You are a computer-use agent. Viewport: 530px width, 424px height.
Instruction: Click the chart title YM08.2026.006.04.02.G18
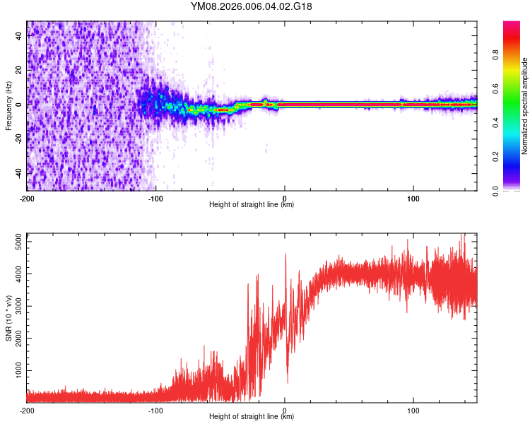click(252, 6)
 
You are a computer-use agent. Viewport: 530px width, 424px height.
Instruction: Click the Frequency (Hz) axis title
click(8, 105)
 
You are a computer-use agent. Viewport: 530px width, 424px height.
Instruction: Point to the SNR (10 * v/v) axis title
click(8, 318)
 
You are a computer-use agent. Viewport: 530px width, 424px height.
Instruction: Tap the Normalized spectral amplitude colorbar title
click(524, 105)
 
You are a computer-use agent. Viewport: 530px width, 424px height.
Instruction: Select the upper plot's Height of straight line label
click(252, 204)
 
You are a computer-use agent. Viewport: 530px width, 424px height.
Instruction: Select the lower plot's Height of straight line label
click(252, 416)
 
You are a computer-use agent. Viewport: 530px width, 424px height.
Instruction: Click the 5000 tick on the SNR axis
click(16, 242)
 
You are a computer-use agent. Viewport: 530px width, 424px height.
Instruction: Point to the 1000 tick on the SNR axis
click(16, 370)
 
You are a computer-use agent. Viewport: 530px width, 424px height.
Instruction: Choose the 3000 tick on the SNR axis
click(16, 306)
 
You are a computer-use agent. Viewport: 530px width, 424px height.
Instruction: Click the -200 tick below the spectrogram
click(27, 198)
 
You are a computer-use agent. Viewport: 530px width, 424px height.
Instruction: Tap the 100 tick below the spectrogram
click(413, 198)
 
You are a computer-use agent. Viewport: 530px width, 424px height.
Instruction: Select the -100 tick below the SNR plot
click(155, 410)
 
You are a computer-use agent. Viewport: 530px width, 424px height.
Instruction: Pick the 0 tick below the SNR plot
click(285, 410)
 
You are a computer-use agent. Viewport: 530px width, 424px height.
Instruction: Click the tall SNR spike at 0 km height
click(285, 255)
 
